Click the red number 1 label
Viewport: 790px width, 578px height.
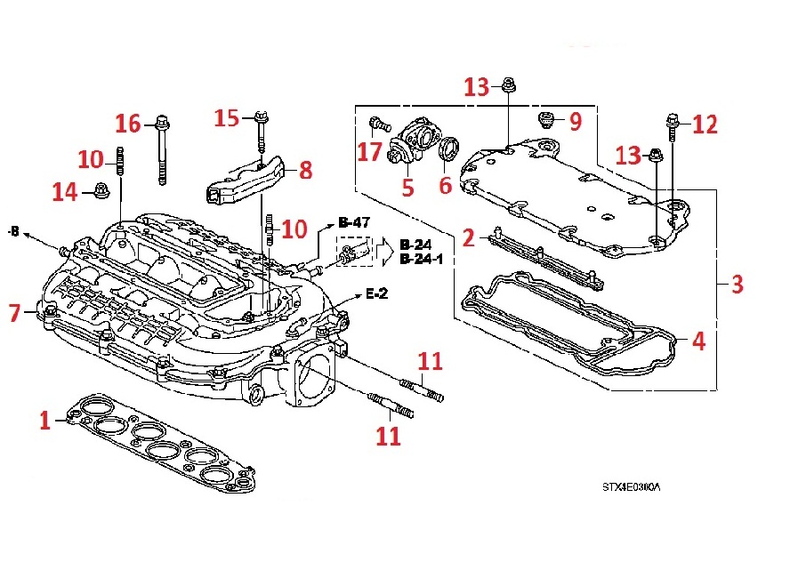(x=44, y=421)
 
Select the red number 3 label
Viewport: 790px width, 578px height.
(x=737, y=285)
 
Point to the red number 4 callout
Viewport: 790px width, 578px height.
(x=698, y=341)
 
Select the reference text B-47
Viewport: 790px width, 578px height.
(x=351, y=222)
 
